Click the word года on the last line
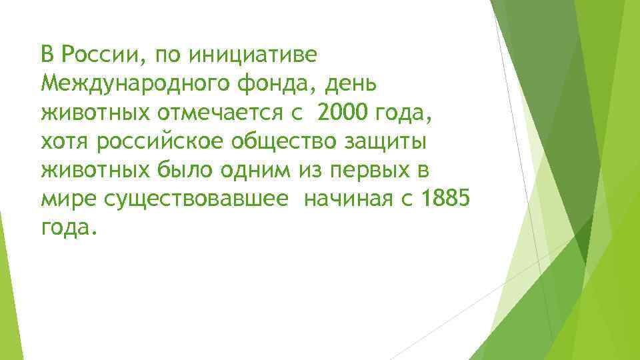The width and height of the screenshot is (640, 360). tap(68, 229)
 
